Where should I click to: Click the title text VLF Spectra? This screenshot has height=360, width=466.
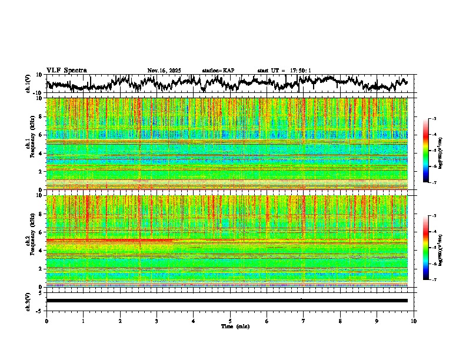point(66,70)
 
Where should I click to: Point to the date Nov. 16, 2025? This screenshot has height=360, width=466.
point(164,71)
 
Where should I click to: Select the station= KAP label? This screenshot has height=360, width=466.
point(218,71)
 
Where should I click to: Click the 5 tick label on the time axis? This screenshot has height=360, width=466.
point(230,321)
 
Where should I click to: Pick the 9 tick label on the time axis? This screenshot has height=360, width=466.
point(377,321)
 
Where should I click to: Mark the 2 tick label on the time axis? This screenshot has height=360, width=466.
point(120,321)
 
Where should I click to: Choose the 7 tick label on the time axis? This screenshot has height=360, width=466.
point(304,321)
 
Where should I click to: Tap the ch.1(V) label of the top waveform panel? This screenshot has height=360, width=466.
point(28,84)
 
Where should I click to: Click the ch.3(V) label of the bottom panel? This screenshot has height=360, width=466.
point(28,301)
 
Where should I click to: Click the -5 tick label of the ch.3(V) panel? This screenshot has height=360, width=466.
point(39,310)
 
